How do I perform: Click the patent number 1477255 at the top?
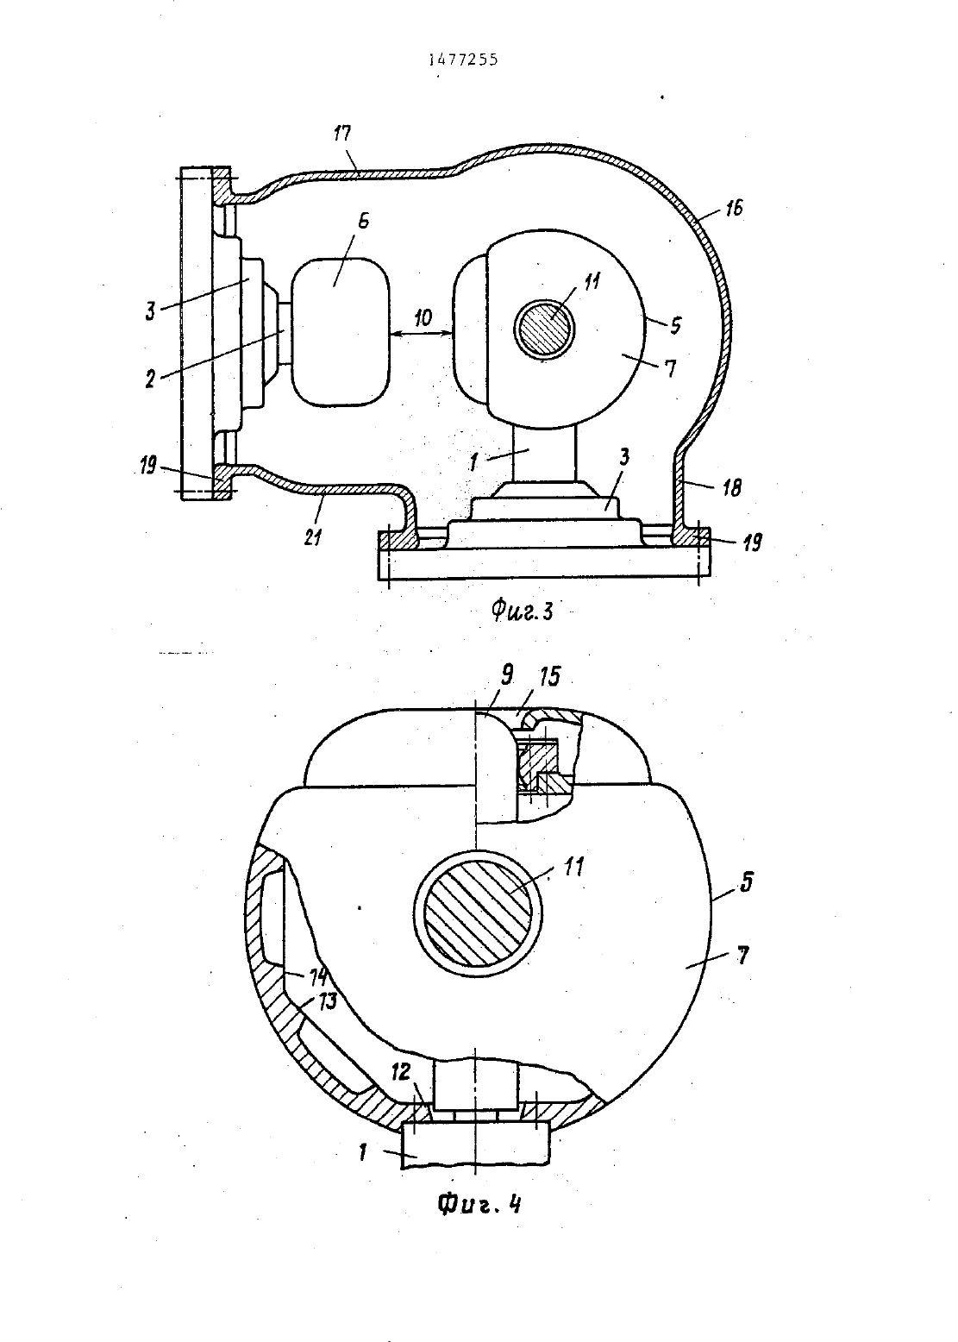point(463,60)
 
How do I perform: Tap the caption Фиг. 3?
point(522,611)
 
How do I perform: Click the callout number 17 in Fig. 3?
point(342,133)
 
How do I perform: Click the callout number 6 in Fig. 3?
point(363,221)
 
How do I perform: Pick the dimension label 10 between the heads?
point(423,317)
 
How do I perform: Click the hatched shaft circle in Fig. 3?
point(545,329)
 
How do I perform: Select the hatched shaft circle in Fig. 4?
point(478,914)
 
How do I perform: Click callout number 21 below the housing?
point(312,537)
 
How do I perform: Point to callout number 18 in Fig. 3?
point(731,488)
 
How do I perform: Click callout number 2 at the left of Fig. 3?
point(150,379)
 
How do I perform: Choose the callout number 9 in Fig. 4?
point(507,676)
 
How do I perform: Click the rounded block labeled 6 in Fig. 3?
point(341,331)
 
